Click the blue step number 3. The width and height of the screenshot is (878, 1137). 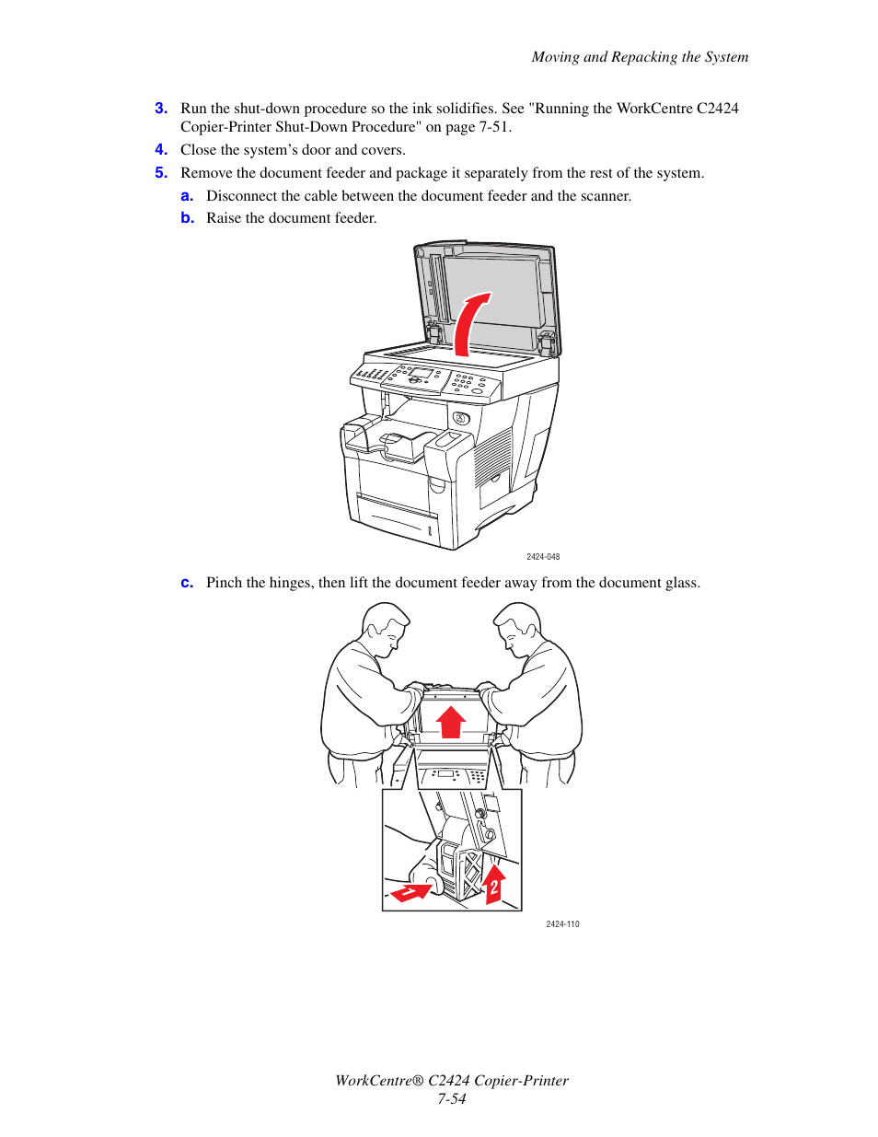pyautogui.click(x=160, y=109)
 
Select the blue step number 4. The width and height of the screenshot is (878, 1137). pyautogui.click(x=160, y=150)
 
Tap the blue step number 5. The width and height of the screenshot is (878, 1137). pyautogui.click(x=160, y=173)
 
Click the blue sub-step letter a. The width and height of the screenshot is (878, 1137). pyautogui.click(x=187, y=196)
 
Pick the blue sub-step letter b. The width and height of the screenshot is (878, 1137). pyautogui.click(x=187, y=218)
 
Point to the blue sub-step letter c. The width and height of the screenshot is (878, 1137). pyautogui.click(x=187, y=583)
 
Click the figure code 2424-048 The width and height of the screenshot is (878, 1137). pyautogui.click(x=543, y=557)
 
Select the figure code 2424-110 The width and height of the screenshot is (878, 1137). pyautogui.click(x=562, y=924)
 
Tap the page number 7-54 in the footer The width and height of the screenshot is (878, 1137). pyautogui.click(x=452, y=1099)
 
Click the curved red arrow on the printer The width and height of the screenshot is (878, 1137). pyautogui.click(x=470, y=324)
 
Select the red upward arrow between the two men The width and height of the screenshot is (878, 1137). pyautogui.click(x=451, y=722)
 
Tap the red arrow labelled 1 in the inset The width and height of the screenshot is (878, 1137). pyautogui.click(x=411, y=891)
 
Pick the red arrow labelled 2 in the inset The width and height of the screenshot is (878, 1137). pyautogui.click(x=494, y=884)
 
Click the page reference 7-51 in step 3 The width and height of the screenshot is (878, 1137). pyautogui.click(x=494, y=127)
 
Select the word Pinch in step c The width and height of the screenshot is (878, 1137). pyautogui.click(x=225, y=583)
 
